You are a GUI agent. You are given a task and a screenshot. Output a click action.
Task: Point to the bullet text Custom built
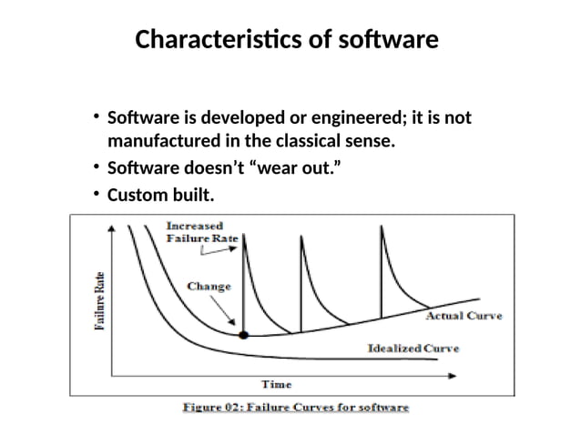pyautogui.click(x=160, y=196)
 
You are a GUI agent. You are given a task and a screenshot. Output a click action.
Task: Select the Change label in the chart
pyautogui.click(x=209, y=286)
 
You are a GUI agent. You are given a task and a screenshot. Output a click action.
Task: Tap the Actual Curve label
pyautogui.click(x=464, y=316)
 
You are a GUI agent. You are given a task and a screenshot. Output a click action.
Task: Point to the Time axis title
pyautogui.click(x=277, y=384)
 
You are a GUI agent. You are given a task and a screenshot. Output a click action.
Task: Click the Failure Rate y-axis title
pyautogui.click(x=99, y=301)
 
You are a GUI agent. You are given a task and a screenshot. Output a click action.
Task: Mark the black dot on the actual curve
pyautogui.click(x=243, y=336)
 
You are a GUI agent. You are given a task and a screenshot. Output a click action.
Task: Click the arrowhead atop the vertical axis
pyautogui.click(x=111, y=229)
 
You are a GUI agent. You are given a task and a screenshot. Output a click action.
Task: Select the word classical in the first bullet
pyautogui.click(x=322, y=142)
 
